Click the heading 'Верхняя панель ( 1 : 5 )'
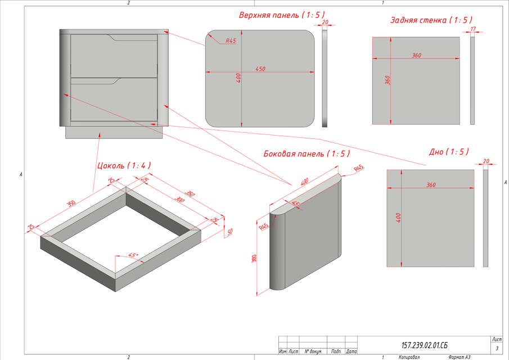tap(282, 15)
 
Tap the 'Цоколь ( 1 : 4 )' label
tap(124, 165)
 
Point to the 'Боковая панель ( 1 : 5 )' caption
tap(307, 154)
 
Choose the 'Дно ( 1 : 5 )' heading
tap(448, 152)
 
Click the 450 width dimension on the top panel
tap(260, 69)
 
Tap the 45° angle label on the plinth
tap(133, 254)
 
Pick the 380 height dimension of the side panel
tap(255, 259)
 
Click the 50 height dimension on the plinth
tap(229, 232)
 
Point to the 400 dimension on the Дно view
tap(399, 218)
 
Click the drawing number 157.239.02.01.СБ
tap(425, 345)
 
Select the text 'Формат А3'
tap(463, 357)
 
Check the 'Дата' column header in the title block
tap(352, 351)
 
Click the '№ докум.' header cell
tap(313, 351)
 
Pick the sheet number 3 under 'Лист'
tap(497, 349)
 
